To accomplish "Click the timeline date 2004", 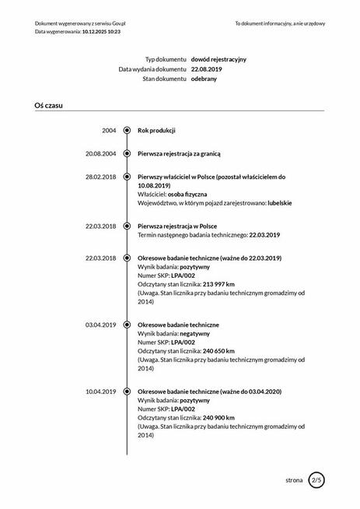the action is (x=109, y=130).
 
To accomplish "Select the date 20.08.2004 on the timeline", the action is (x=101, y=153).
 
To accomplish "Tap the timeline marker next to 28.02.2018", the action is (x=127, y=177).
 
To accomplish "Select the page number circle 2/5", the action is (x=316, y=479).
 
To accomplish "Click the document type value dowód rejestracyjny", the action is (x=218, y=59).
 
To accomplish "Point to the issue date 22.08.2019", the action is (x=206, y=69).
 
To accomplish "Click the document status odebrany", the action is (x=204, y=79).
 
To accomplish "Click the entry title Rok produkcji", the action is (x=156, y=130).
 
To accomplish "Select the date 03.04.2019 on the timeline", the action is (x=101, y=324).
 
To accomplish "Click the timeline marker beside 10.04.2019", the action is (x=127, y=390).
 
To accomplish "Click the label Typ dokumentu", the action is (x=166, y=59).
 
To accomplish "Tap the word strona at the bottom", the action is (x=294, y=480).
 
